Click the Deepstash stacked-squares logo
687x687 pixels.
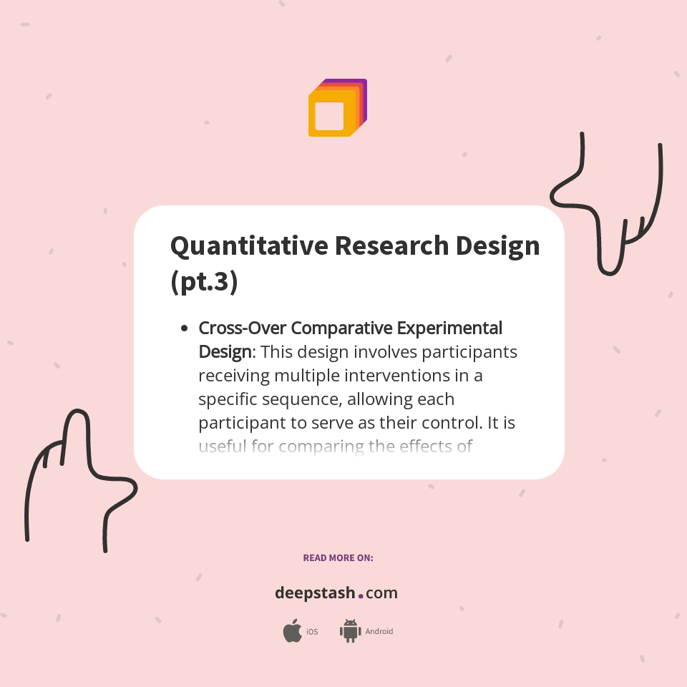pyautogui.click(x=337, y=108)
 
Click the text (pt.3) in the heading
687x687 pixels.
pyautogui.click(x=204, y=281)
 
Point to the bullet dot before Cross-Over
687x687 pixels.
pyautogui.click(x=184, y=328)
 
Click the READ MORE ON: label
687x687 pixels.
pyautogui.click(x=338, y=557)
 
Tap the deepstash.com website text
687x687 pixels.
pyautogui.click(x=336, y=593)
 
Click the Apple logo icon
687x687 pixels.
pyautogui.click(x=292, y=631)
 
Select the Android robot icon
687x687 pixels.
pyautogui.click(x=350, y=630)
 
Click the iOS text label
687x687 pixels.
pyautogui.click(x=312, y=632)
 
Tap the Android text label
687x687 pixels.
pyautogui.click(x=379, y=632)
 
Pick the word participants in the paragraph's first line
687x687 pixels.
pyautogui.click(x=469, y=352)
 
